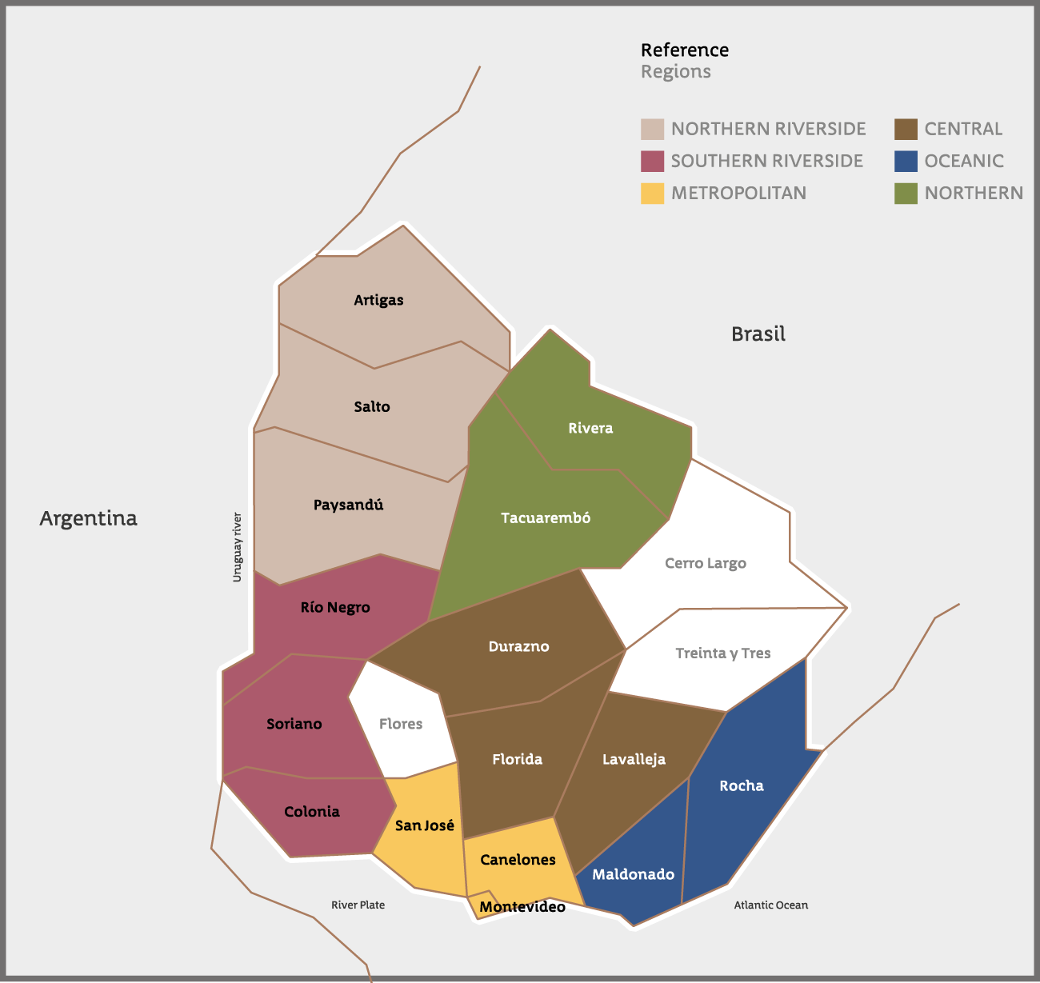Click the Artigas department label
tap(378, 300)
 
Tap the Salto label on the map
tap(372, 406)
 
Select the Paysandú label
tap(348, 505)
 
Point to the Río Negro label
tap(335, 607)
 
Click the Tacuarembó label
tap(546, 517)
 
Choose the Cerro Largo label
tap(706, 563)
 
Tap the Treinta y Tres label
tap(723, 653)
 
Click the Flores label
tap(401, 724)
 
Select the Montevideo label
tap(522, 906)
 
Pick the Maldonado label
tap(633, 874)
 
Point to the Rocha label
tap(742, 785)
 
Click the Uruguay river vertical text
tap(237, 547)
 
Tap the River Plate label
tap(358, 905)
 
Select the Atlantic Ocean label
tap(771, 905)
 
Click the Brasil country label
tap(758, 334)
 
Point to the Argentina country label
tap(88, 518)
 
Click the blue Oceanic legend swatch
tap(906, 161)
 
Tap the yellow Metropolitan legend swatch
tap(652, 193)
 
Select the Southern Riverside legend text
tap(766, 161)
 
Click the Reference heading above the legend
tap(685, 50)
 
